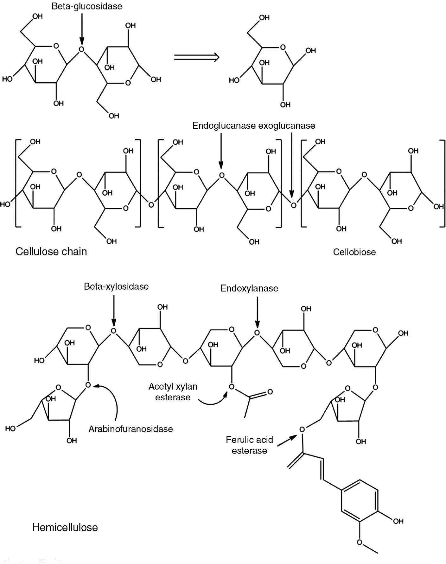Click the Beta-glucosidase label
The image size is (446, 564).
coord(87,6)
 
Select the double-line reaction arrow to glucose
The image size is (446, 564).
coord(197,57)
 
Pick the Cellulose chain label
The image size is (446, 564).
coord(51,251)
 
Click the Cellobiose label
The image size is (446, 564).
coord(354,252)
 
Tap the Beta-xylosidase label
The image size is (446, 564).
coord(116,286)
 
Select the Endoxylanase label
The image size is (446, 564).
coord(249,288)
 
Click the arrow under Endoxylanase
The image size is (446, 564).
coord(258,312)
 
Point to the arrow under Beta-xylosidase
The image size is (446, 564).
coord(114,310)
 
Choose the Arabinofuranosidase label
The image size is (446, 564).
coord(131,429)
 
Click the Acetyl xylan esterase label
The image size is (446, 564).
coord(173,392)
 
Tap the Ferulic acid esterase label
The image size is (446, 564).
coord(249,445)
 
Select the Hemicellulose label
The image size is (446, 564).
coord(65,527)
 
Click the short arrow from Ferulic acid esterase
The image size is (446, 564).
coord(287,441)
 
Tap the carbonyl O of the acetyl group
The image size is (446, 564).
coord(270,392)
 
